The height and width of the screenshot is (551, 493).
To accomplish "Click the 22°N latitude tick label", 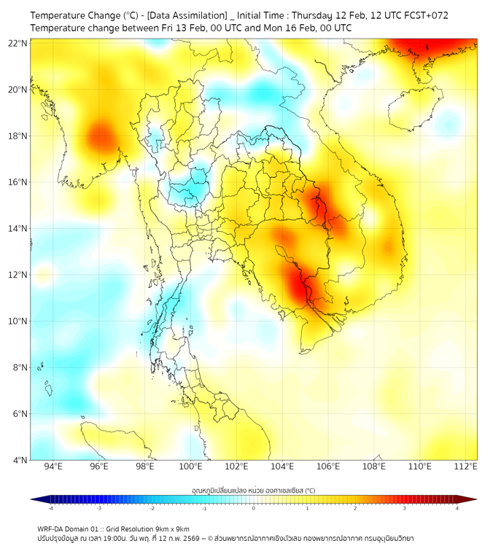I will pos(19,43).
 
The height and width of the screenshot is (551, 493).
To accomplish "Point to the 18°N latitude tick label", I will pos(19,136).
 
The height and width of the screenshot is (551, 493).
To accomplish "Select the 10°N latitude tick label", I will pos(19,321).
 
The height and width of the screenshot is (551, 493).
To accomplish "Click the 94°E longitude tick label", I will pos(53,467).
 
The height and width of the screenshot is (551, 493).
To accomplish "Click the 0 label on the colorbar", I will pos(254,508).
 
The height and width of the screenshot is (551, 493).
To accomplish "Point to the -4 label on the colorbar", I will pos(50,508).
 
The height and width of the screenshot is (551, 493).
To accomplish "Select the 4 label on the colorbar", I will pos(457,508).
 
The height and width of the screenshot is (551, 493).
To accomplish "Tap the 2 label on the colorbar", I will pos(355,508).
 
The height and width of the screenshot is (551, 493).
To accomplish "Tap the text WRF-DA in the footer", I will pos(52,528).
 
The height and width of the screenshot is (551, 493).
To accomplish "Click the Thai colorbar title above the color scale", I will pos(253,491).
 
